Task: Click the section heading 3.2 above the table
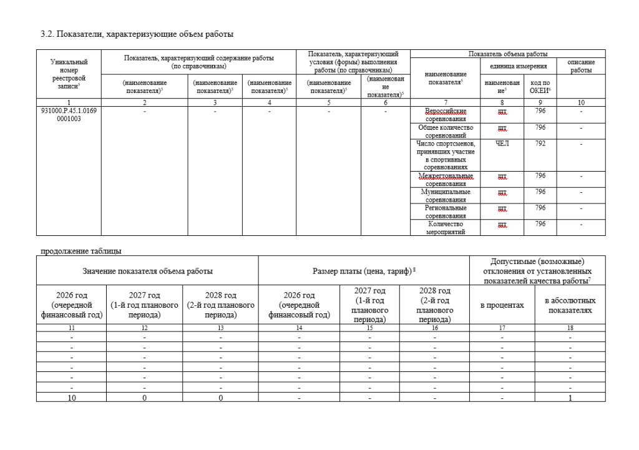click(137, 34)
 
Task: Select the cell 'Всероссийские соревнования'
click(446, 115)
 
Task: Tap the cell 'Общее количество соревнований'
click(446, 131)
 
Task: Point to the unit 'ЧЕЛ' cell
click(502, 144)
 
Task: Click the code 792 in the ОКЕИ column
click(540, 144)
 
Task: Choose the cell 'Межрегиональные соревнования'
click(446, 180)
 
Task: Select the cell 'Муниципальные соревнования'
click(446, 195)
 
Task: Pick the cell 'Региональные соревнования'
click(446, 212)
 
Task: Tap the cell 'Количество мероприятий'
click(446, 227)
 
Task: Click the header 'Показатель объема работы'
click(507, 54)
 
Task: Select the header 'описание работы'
click(580, 66)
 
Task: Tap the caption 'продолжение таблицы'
click(81, 252)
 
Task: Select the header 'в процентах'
click(502, 305)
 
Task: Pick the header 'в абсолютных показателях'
click(570, 305)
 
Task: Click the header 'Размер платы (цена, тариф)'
click(363, 271)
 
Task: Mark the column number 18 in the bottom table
click(570, 327)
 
